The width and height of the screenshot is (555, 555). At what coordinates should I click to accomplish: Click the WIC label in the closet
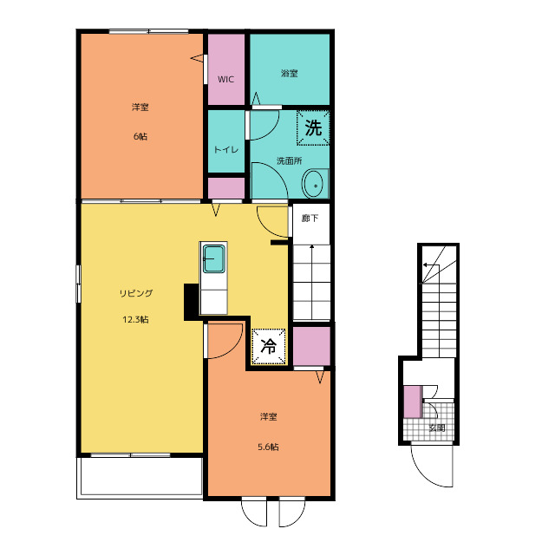click(225, 79)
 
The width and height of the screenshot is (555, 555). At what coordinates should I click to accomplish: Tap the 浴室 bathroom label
click(289, 74)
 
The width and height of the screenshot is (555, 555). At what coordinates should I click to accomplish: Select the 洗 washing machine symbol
click(313, 127)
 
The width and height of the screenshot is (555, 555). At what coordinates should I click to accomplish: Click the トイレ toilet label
click(226, 150)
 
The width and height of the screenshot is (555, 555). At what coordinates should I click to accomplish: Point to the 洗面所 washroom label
click(289, 161)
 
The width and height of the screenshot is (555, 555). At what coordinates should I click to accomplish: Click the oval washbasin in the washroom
click(312, 184)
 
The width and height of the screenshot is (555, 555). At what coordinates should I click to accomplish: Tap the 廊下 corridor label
click(310, 218)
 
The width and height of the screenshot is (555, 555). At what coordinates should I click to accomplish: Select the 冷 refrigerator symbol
click(268, 346)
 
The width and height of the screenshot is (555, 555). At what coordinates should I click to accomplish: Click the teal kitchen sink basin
click(214, 258)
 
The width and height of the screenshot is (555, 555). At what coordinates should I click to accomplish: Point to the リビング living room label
click(136, 293)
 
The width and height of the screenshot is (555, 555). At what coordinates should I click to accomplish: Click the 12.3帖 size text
click(135, 320)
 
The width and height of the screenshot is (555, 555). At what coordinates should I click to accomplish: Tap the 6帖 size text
click(140, 136)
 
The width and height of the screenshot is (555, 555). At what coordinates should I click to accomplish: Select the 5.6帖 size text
click(268, 447)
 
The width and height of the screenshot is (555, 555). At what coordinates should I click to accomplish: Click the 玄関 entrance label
click(437, 428)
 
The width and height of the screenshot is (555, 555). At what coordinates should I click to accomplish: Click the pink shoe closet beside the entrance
click(413, 402)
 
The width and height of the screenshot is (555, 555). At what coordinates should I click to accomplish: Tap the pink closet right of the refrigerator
click(311, 346)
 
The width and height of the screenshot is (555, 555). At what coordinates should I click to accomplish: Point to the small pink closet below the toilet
click(225, 188)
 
